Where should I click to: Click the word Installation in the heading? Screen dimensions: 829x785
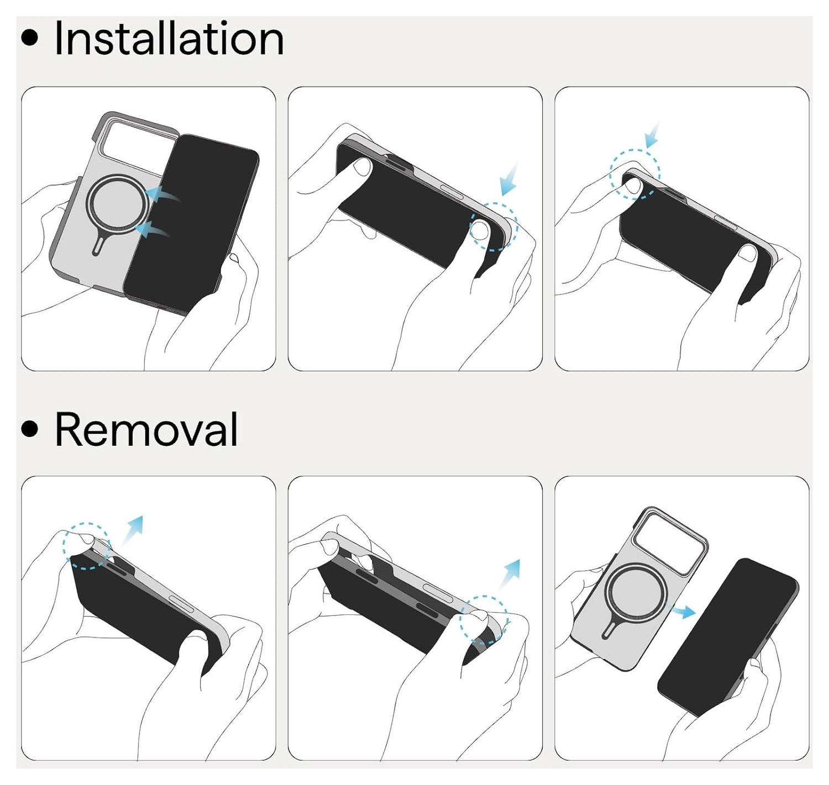[x=169, y=39]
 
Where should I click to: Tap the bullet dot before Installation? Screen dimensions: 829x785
[x=29, y=38]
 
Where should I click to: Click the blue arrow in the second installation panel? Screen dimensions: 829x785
[x=510, y=179]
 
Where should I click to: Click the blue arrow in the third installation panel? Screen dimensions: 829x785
[x=652, y=135]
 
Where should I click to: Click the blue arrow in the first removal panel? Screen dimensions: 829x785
[x=133, y=530]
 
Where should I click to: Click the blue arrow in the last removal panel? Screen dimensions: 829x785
[x=683, y=612]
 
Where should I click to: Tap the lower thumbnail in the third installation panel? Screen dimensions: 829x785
[x=748, y=254]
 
